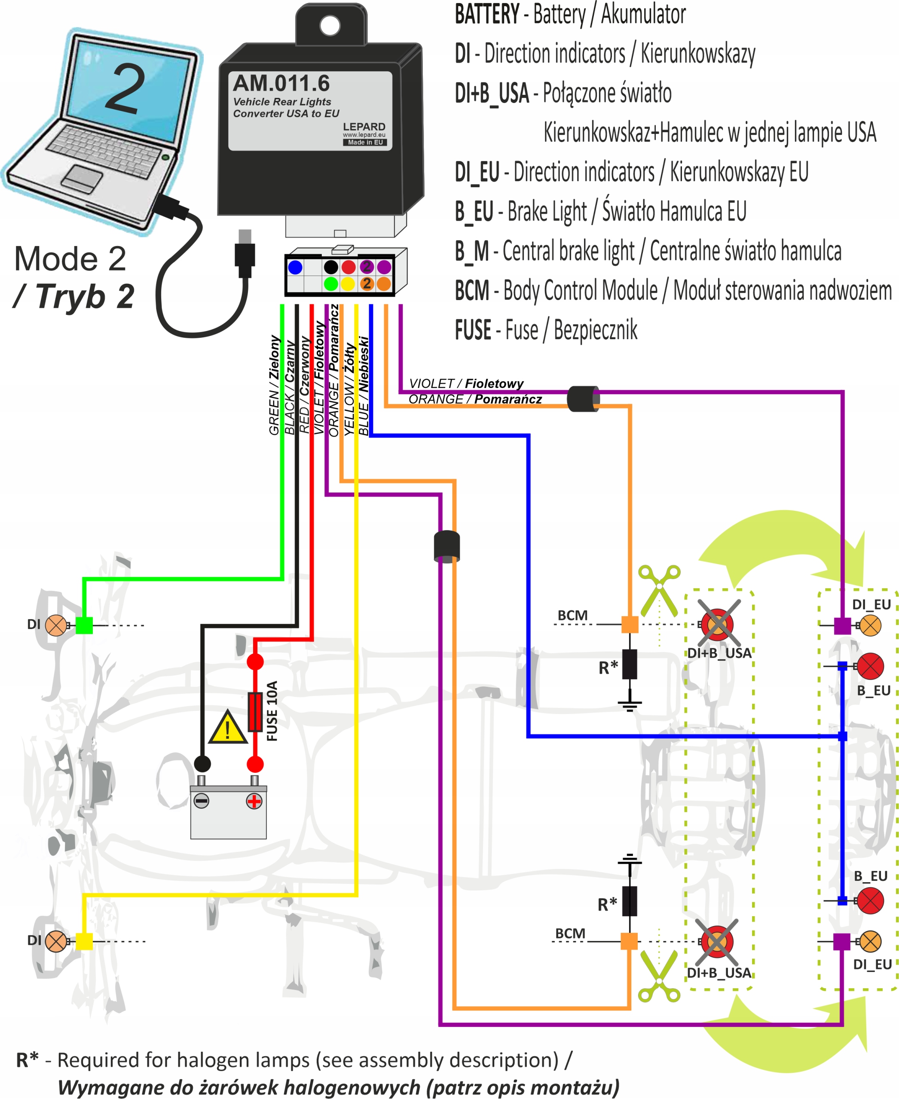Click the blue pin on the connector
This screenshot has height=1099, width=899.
[295, 267]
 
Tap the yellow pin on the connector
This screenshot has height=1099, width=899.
[348, 283]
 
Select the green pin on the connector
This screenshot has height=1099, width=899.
[331, 283]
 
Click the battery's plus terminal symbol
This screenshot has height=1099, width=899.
[254, 801]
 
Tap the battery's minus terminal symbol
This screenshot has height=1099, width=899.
[202, 801]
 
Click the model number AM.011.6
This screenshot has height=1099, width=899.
[281, 83]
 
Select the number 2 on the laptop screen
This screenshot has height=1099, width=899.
[126, 88]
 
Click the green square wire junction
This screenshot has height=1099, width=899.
[84, 625]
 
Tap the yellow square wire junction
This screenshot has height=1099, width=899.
[84, 941]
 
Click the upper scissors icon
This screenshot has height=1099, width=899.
[659, 590]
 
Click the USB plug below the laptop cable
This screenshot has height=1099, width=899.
[245, 254]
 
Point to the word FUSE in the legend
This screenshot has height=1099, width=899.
[473, 330]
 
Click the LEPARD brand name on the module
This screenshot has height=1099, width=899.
[364, 127]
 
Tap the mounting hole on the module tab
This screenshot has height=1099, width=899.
[330, 25]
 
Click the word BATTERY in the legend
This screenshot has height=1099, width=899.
[487, 14]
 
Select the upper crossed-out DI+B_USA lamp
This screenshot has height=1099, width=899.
[718, 624]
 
